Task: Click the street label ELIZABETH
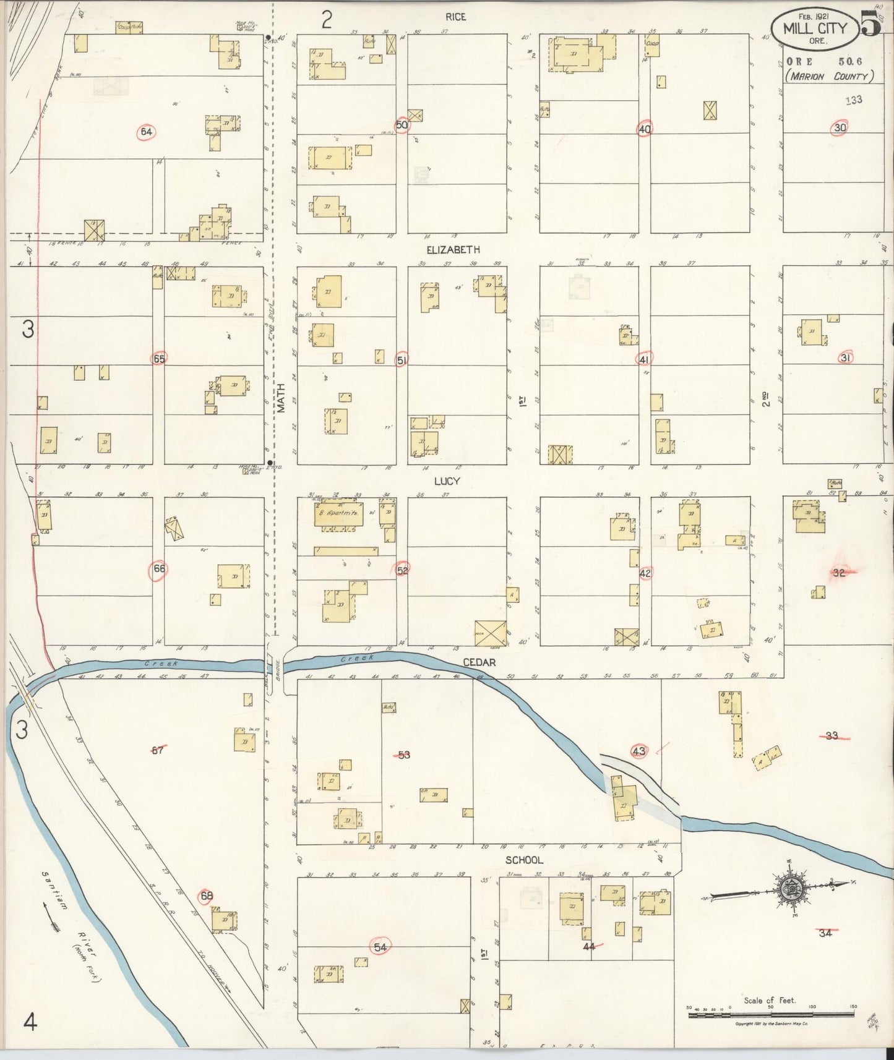point(453,250)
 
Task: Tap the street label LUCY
point(446,481)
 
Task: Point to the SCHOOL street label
point(524,860)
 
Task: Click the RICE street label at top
point(455,17)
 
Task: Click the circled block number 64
point(146,132)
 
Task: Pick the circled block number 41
point(644,359)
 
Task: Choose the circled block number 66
point(159,571)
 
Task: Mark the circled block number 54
point(380,946)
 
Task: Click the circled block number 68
point(207,895)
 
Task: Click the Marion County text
point(829,76)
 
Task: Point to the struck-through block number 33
point(832,736)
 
